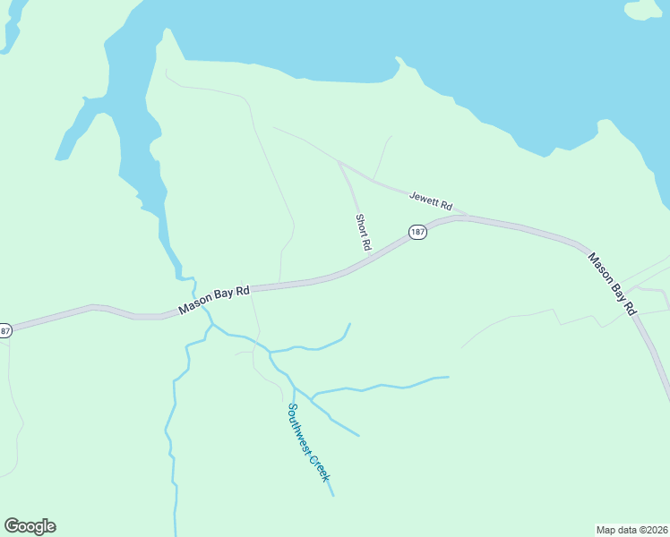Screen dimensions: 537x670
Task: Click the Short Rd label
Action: [x=363, y=231]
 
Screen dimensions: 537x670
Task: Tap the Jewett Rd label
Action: [x=431, y=201]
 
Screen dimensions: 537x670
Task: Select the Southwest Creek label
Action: [x=308, y=442]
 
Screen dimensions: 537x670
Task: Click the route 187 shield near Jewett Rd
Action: [x=417, y=232]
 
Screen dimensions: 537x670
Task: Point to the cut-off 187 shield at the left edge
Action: [x=4, y=330]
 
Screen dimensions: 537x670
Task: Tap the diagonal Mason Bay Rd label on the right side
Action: [x=612, y=283]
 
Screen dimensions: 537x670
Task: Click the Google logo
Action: [x=30, y=526]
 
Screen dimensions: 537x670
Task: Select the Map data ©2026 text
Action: [x=631, y=529]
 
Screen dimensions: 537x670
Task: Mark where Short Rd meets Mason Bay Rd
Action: [x=370, y=258]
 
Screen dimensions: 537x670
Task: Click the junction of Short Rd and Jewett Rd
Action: [x=339, y=163]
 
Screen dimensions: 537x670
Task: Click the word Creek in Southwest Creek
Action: [x=320, y=467]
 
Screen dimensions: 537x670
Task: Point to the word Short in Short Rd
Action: [x=361, y=225]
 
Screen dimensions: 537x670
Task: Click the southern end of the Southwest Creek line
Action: [x=333, y=495]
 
